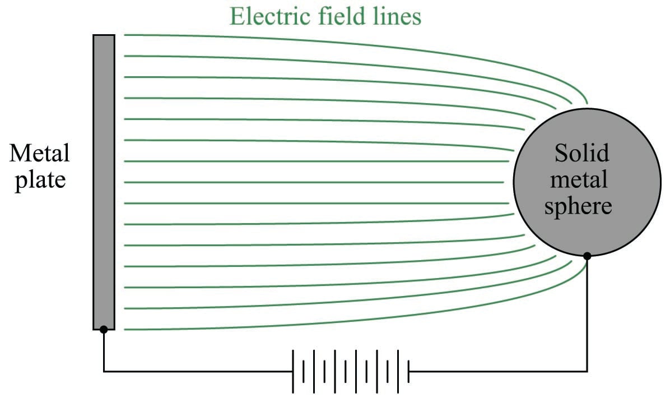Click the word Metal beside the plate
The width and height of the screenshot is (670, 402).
[40, 153]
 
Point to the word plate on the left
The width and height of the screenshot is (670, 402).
[40, 181]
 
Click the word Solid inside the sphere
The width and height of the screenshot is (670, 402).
[582, 153]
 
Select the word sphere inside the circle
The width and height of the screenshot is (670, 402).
[578, 206]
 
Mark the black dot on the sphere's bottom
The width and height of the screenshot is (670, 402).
[587, 256]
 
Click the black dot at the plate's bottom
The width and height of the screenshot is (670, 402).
[104, 329]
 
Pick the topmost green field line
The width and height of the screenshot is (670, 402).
[336, 43]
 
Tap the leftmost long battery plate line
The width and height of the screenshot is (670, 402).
[293, 371]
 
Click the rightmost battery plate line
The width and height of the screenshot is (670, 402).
[408, 371]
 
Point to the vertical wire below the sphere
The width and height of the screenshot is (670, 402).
[587, 314]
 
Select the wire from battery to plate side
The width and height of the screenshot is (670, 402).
[196, 371]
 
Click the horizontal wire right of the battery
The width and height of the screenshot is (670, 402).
[499, 371]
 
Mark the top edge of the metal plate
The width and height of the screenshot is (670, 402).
[104, 35]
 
